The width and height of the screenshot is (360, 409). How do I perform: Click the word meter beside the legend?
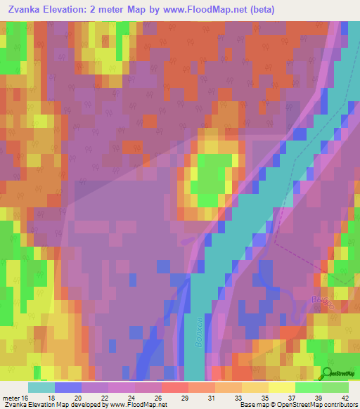[11, 398]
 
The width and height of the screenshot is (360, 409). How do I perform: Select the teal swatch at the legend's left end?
[41, 387]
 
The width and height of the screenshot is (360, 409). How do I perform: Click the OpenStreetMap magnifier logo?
[327, 373]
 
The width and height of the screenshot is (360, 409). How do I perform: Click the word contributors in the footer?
[339, 405]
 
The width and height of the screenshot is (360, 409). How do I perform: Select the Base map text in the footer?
[255, 405]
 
